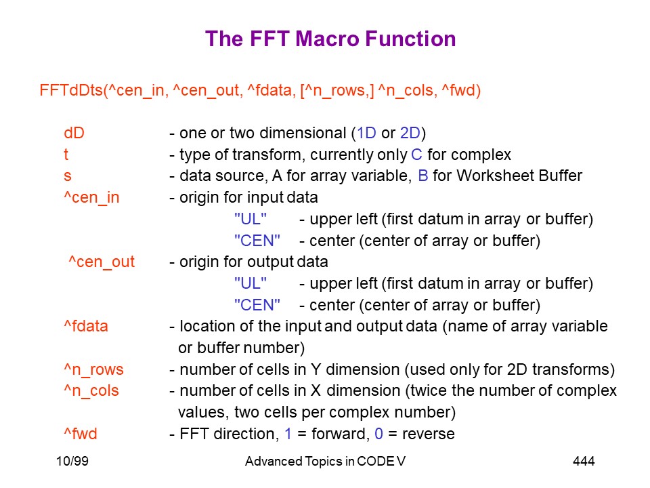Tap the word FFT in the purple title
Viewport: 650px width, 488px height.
[x=269, y=39]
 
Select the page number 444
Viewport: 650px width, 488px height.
[x=584, y=461]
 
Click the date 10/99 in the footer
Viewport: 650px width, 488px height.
[x=72, y=461]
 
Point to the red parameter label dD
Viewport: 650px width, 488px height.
[x=74, y=134]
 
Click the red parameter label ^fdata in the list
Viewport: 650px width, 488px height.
[x=86, y=326]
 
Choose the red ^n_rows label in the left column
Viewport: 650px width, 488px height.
[x=93, y=369]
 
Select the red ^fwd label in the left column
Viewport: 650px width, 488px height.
[x=81, y=434]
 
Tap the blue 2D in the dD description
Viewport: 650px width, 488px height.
[x=410, y=134]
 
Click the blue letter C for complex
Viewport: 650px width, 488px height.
[x=416, y=155]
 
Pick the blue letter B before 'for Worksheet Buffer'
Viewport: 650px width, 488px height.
[x=422, y=176]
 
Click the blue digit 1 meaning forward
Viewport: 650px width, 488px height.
[x=288, y=434]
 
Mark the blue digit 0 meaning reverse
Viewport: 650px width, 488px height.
[x=378, y=434]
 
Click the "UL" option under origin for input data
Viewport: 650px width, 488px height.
[x=251, y=219]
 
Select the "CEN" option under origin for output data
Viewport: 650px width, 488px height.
[x=257, y=305]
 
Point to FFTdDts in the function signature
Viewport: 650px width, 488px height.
[x=71, y=90]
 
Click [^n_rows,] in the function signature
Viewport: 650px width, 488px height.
[x=337, y=91]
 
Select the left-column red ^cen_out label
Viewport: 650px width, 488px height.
[x=102, y=262]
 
